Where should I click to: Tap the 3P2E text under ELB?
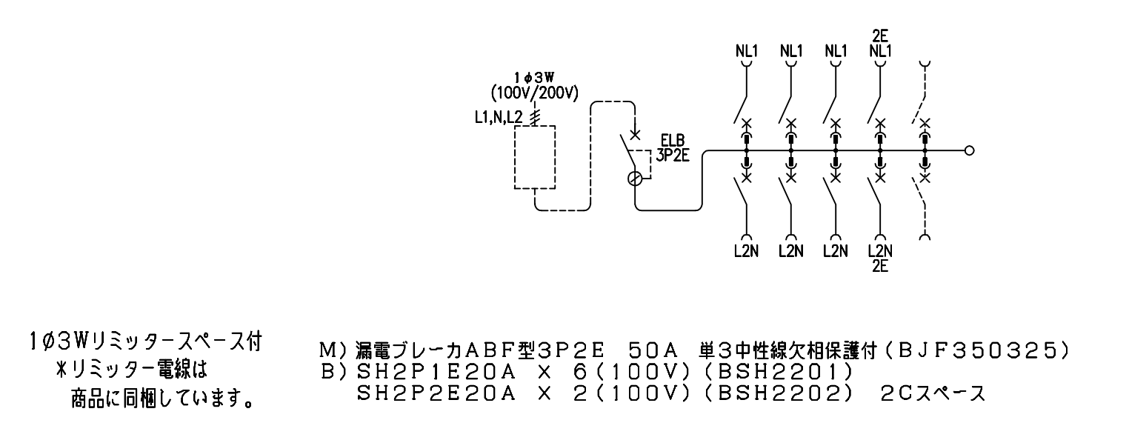(673, 156)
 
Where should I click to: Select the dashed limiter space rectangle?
(535, 157)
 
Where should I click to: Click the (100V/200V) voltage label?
(535, 93)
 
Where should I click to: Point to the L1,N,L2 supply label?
(499, 118)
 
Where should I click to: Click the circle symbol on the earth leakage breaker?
(635, 179)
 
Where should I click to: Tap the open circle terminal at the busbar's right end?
(969, 150)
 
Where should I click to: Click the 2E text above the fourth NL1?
(880, 36)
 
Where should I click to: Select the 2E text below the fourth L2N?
(880, 266)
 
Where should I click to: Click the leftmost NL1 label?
(747, 51)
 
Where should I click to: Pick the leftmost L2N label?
(747, 250)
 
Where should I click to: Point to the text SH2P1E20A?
(436, 372)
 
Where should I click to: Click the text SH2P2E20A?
(436, 393)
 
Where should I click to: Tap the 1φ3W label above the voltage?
(534, 78)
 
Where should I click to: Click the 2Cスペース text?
(933, 393)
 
